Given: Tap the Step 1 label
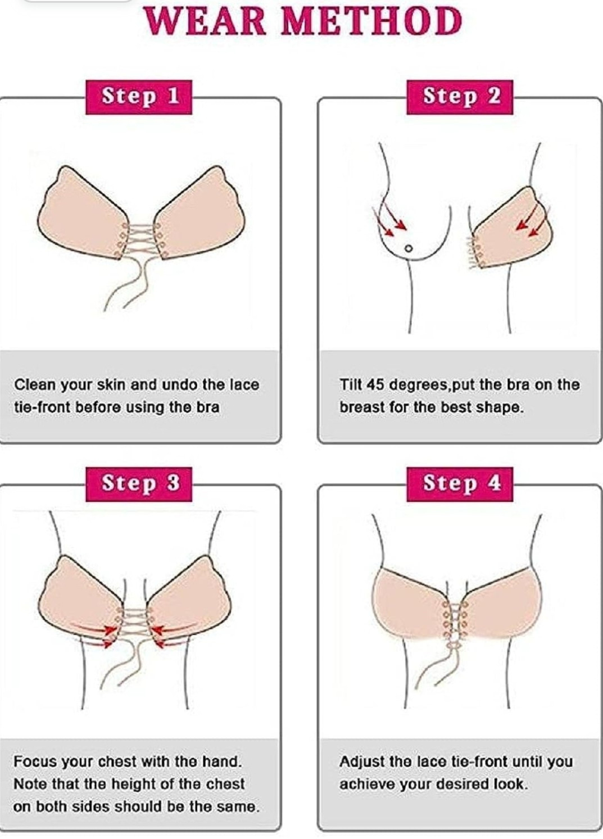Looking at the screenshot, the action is click(139, 97).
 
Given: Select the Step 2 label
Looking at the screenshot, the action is click(460, 97).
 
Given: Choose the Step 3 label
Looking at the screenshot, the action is click(139, 484).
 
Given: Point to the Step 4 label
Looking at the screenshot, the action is click(460, 484).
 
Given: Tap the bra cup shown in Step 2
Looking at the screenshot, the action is click(513, 229).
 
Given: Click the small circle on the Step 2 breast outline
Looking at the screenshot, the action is click(409, 248).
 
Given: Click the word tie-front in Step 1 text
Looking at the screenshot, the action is click(41, 407).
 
